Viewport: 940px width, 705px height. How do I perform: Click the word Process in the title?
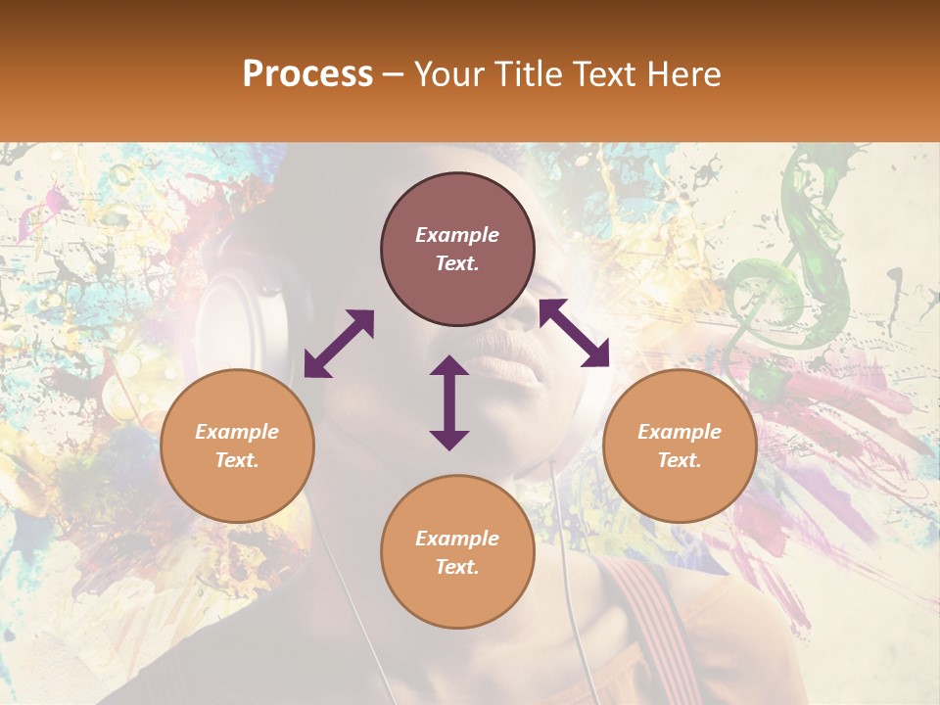click(x=307, y=74)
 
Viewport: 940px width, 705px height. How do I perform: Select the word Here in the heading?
click(x=683, y=74)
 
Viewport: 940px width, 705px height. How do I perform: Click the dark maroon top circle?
click(x=457, y=250)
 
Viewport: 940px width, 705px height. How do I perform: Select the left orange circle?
click(x=237, y=446)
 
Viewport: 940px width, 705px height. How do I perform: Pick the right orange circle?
click(x=680, y=446)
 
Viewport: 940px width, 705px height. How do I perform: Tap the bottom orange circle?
click(x=457, y=552)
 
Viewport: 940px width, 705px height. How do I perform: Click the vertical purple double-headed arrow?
click(x=449, y=402)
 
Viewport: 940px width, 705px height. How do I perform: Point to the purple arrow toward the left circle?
click(x=339, y=344)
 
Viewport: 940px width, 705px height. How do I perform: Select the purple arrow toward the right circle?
click(x=574, y=333)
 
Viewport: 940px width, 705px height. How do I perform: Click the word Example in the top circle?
click(x=457, y=235)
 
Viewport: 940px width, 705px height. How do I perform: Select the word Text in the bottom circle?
click(x=457, y=567)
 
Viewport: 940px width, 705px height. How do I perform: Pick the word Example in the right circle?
click(x=680, y=432)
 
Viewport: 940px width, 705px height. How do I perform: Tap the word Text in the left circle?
click(x=237, y=460)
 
